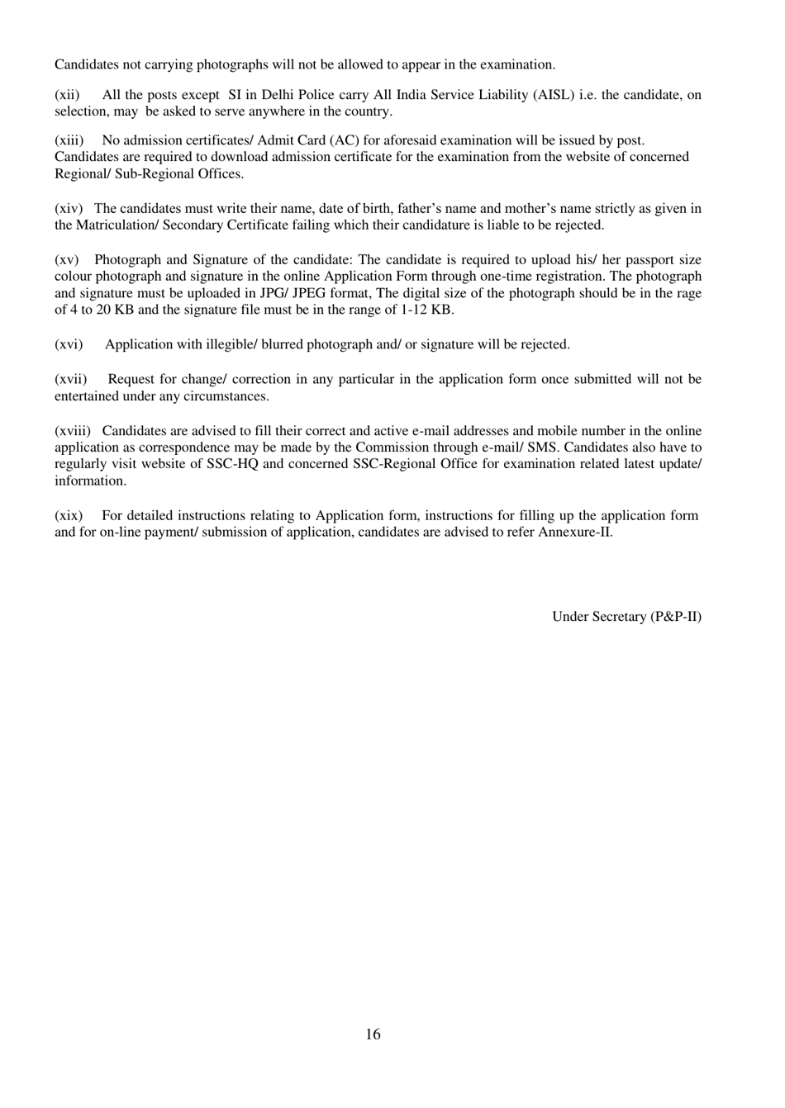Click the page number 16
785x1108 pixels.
pos(373,1035)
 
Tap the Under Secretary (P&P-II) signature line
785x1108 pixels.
pos(626,616)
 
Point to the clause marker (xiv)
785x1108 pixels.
pos(69,208)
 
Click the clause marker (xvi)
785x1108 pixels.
pos(69,344)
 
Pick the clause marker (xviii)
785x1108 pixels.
pos(73,430)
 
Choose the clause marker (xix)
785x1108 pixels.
pos(69,515)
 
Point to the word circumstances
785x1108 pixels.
pos(227,396)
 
